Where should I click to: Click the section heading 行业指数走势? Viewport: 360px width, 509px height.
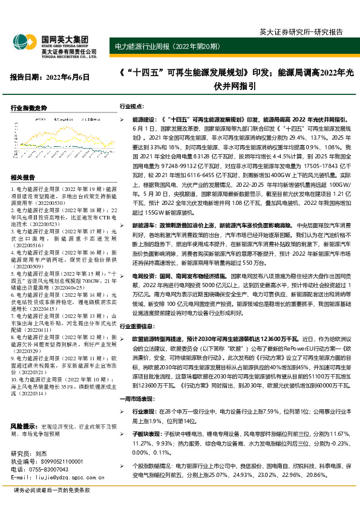[x=30, y=108]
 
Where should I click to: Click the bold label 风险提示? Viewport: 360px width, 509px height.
[x=24, y=408]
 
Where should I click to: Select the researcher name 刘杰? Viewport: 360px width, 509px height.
[x=41, y=453]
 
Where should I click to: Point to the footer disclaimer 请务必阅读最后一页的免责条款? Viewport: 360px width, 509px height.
[x=52, y=490]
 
